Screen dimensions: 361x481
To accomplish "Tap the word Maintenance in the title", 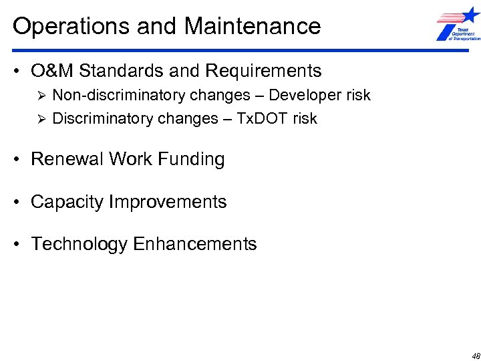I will coord(253,27).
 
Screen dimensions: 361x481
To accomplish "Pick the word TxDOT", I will coord(263,119).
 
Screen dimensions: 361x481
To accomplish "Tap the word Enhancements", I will coord(195,245).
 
